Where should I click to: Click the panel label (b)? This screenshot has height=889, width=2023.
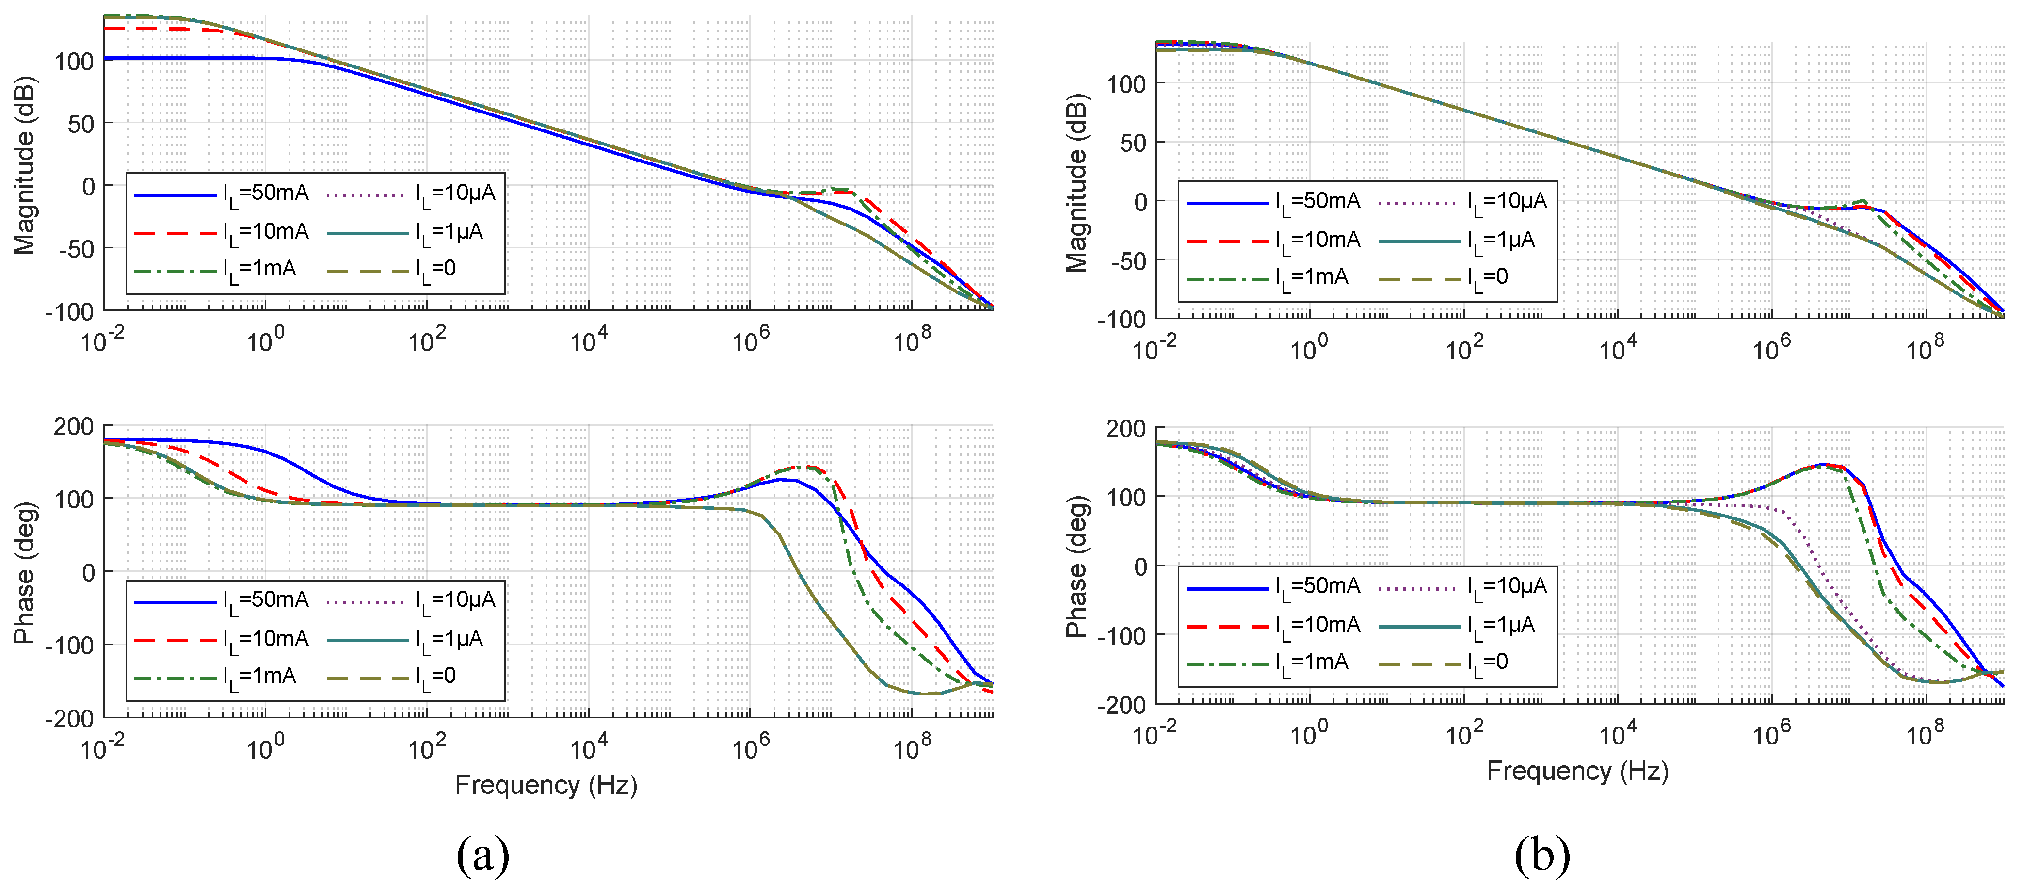(x=1541, y=855)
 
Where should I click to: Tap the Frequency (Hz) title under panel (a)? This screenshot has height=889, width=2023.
(x=546, y=785)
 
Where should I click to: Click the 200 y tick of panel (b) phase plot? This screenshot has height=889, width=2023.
(x=1125, y=429)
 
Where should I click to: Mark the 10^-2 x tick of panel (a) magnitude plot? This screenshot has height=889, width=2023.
(x=103, y=341)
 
